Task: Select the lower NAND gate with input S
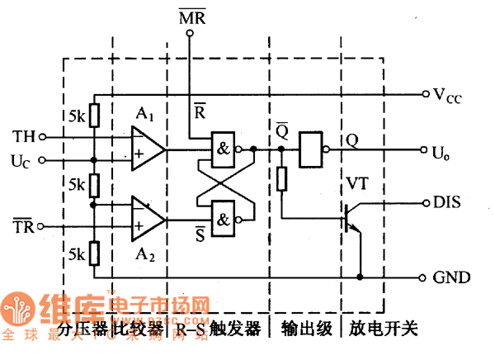click(223, 216)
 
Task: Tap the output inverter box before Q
click(311, 150)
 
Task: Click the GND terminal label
click(452, 277)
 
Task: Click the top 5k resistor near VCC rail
click(94, 116)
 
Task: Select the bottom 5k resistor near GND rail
click(94, 252)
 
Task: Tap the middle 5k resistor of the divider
click(94, 182)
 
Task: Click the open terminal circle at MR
click(190, 35)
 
